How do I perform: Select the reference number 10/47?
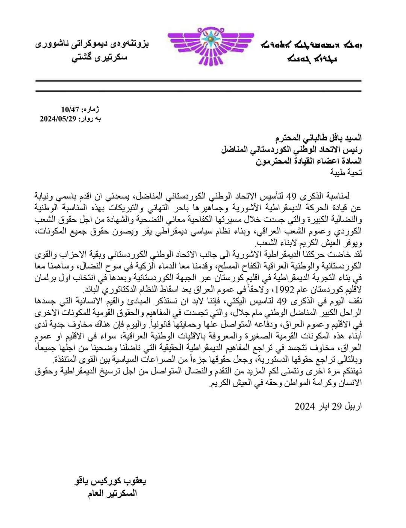point(70,110)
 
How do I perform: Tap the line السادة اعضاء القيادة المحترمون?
point(309,162)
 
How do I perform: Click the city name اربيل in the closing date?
point(352,406)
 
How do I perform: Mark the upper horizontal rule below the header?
point(198,81)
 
